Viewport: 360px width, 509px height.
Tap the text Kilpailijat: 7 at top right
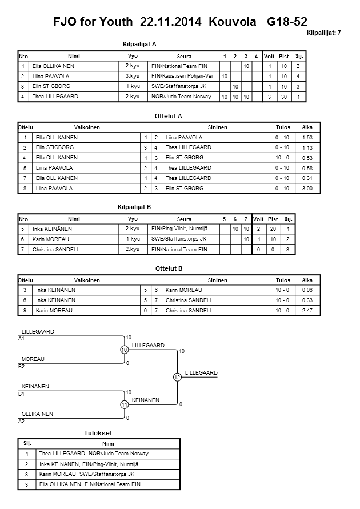coord(323,33)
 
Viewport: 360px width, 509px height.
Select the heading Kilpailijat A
coord(139,43)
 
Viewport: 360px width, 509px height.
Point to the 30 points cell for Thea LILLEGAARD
coord(285,97)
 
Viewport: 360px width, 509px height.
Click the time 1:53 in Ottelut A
coord(307,138)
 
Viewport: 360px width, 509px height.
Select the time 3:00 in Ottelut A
coord(307,188)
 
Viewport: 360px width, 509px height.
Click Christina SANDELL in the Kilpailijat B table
coord(55,250)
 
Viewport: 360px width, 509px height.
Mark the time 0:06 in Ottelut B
coord(307,290)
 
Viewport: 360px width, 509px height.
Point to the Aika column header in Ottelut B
coord(307,280)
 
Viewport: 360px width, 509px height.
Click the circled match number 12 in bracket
coord(177,377)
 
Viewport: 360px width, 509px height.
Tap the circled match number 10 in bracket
coord(123,350)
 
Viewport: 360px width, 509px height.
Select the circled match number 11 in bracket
coord(123,405)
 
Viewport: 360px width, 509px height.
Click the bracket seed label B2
coord(22,366)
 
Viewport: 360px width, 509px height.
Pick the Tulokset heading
coord(94,433)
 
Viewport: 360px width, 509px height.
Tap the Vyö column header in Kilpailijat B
coord(133,219)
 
